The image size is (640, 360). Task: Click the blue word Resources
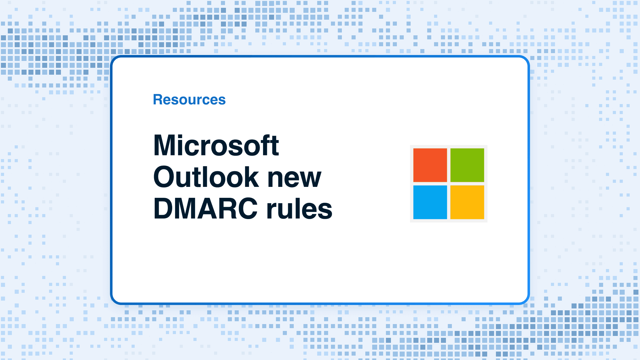click(x=189, y=100)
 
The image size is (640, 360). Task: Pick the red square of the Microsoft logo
click(x=430, y=165)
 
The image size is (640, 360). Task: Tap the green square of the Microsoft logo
click(x=467, y=165)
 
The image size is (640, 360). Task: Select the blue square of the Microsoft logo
click(x=430, y=202)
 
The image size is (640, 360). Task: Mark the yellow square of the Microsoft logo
click(x=467, y=202)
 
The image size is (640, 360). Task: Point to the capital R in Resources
click(x=158, y=100)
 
